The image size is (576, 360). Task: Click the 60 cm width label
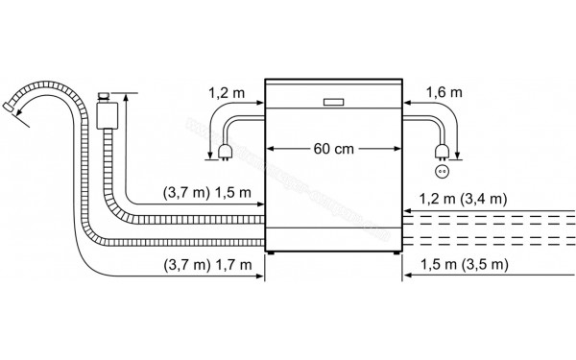coord(331,149)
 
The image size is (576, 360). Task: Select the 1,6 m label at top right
coord(444,93)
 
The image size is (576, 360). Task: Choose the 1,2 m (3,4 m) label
coord(464,199)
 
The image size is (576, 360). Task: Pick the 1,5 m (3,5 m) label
coord(464,264)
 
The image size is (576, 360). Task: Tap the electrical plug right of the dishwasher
coord(443,150)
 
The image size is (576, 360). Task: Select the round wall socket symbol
coord(444,172)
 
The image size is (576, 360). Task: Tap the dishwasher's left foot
coord(273,252)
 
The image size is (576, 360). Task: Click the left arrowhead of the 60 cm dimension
coord(270,149)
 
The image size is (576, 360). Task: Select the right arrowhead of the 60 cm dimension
coord(395,149)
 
